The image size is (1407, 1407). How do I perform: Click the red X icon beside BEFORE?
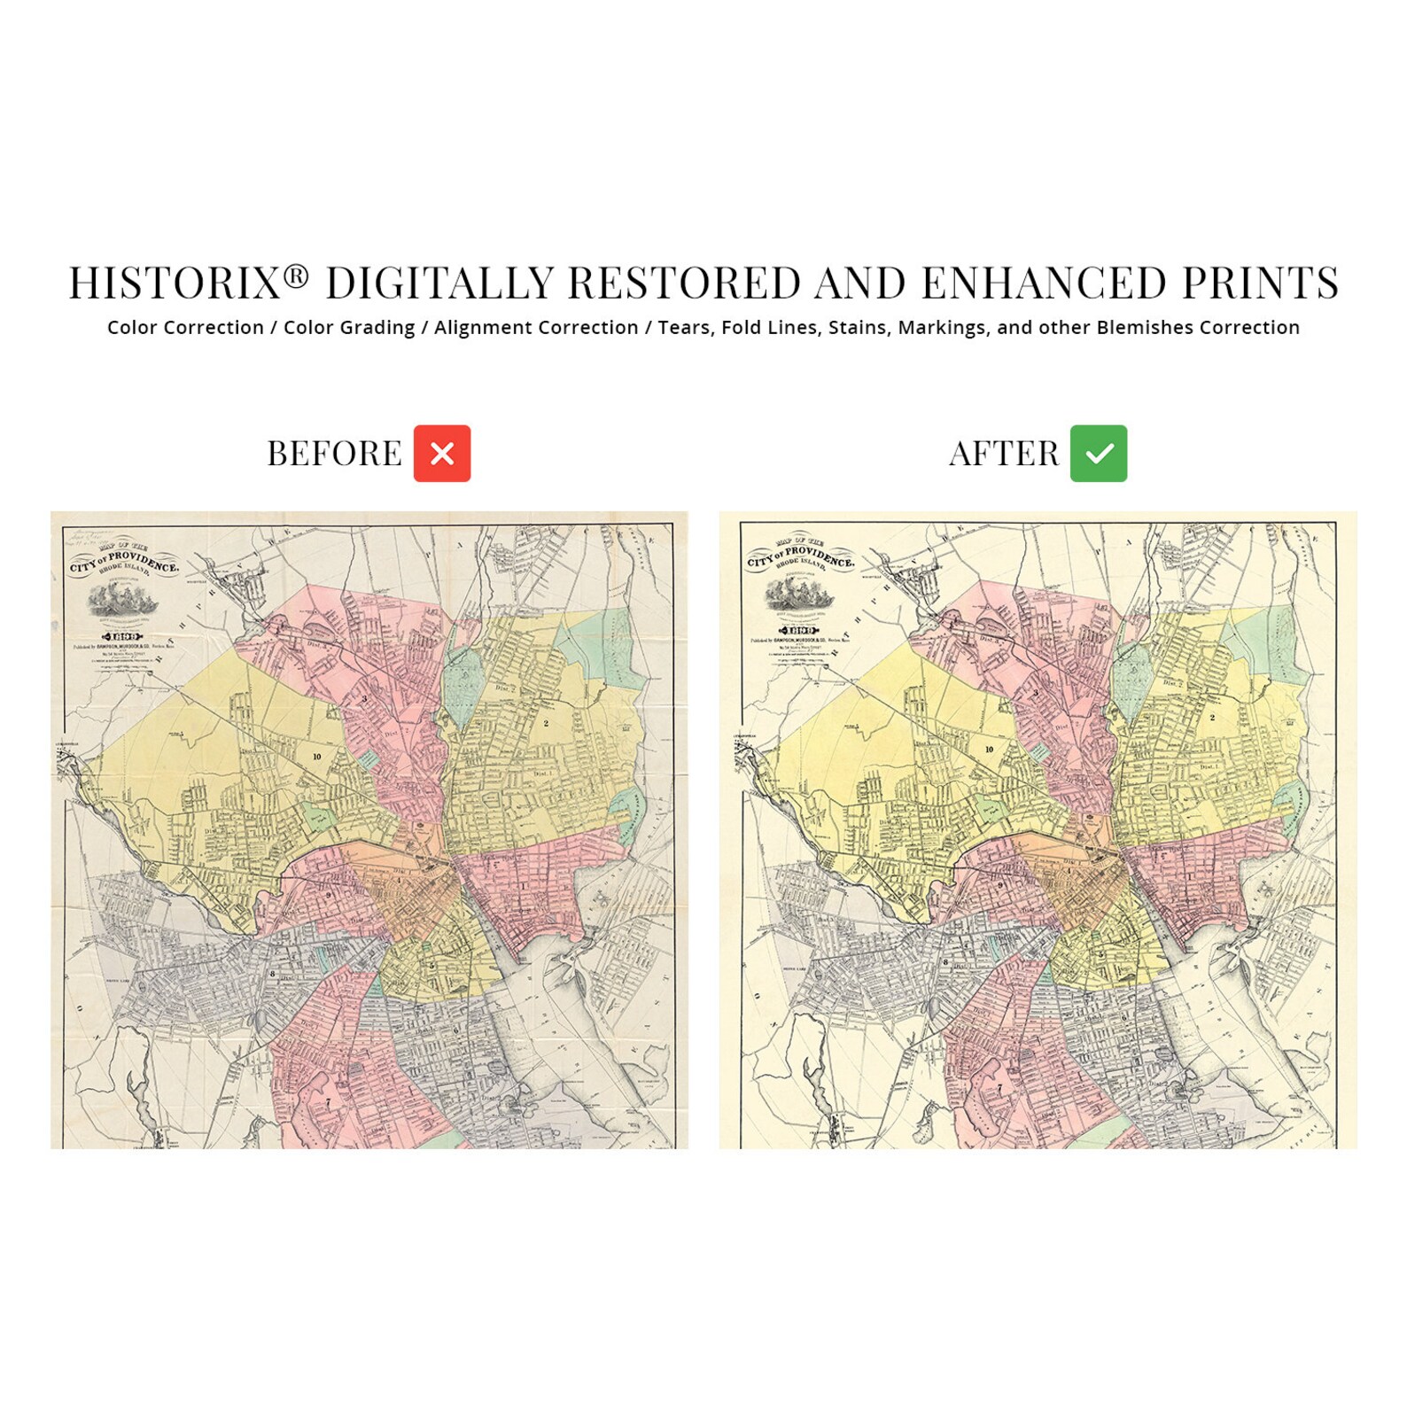point(441,454)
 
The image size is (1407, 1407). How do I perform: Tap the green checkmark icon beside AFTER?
point(1098,454)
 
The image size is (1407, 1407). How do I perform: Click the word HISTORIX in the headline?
point(175,284)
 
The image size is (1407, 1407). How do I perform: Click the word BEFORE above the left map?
point(334,454)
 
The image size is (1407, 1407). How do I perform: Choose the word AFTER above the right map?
point(1004,454)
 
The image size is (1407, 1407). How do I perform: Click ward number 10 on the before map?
point(316,757)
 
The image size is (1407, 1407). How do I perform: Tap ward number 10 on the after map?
point(989,750)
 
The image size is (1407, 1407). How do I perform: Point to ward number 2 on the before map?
point(546,724)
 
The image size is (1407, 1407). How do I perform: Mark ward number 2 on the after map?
point(1212,718)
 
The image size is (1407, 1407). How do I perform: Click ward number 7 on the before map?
point(328,1102)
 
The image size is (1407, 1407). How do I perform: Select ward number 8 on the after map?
point(945,962)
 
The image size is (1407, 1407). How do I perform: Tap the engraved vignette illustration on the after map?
point(799,595)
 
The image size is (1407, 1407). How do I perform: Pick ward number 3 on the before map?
point(364,699)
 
